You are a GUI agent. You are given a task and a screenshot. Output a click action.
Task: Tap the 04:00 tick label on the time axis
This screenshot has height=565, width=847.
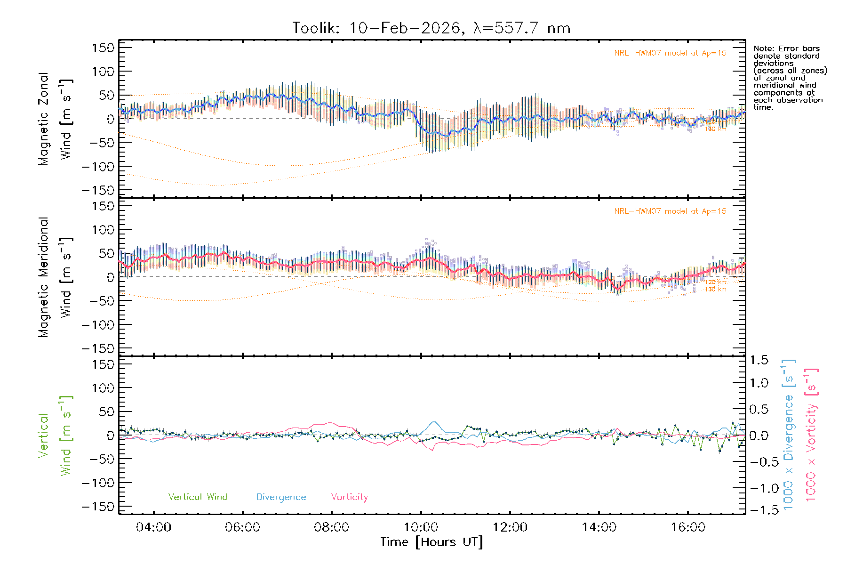[153, 527]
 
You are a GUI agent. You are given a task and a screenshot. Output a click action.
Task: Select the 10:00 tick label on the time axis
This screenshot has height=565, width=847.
[421, 527]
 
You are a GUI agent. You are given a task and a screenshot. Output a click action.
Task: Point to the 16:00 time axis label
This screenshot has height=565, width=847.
[688, 527]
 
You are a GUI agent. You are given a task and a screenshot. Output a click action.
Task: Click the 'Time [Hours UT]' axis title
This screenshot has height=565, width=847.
[431, 542]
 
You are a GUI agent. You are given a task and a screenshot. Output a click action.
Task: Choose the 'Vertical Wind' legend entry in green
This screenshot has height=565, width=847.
[198, 497]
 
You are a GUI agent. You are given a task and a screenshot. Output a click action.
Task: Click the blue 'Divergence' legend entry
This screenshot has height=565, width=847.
[281, 497]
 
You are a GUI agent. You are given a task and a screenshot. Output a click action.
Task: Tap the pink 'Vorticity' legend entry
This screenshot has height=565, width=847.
[349, 497]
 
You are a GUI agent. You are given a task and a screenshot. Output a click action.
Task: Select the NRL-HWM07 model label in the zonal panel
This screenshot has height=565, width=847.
[670, 53]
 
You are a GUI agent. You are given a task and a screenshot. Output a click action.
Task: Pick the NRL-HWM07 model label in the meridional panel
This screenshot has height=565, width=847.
[670, 211]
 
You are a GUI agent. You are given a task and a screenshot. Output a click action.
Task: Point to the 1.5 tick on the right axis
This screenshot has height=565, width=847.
[759, 360]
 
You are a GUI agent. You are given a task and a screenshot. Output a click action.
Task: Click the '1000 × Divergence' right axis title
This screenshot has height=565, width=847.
[788, 435]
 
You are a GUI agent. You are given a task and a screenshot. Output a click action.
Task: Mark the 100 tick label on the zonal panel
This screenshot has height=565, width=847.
[103, 72]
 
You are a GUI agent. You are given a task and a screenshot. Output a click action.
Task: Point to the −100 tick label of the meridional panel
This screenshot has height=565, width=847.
[98, 325]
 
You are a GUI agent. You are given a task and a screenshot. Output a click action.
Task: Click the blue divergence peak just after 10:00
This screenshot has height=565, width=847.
[434, 422]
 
